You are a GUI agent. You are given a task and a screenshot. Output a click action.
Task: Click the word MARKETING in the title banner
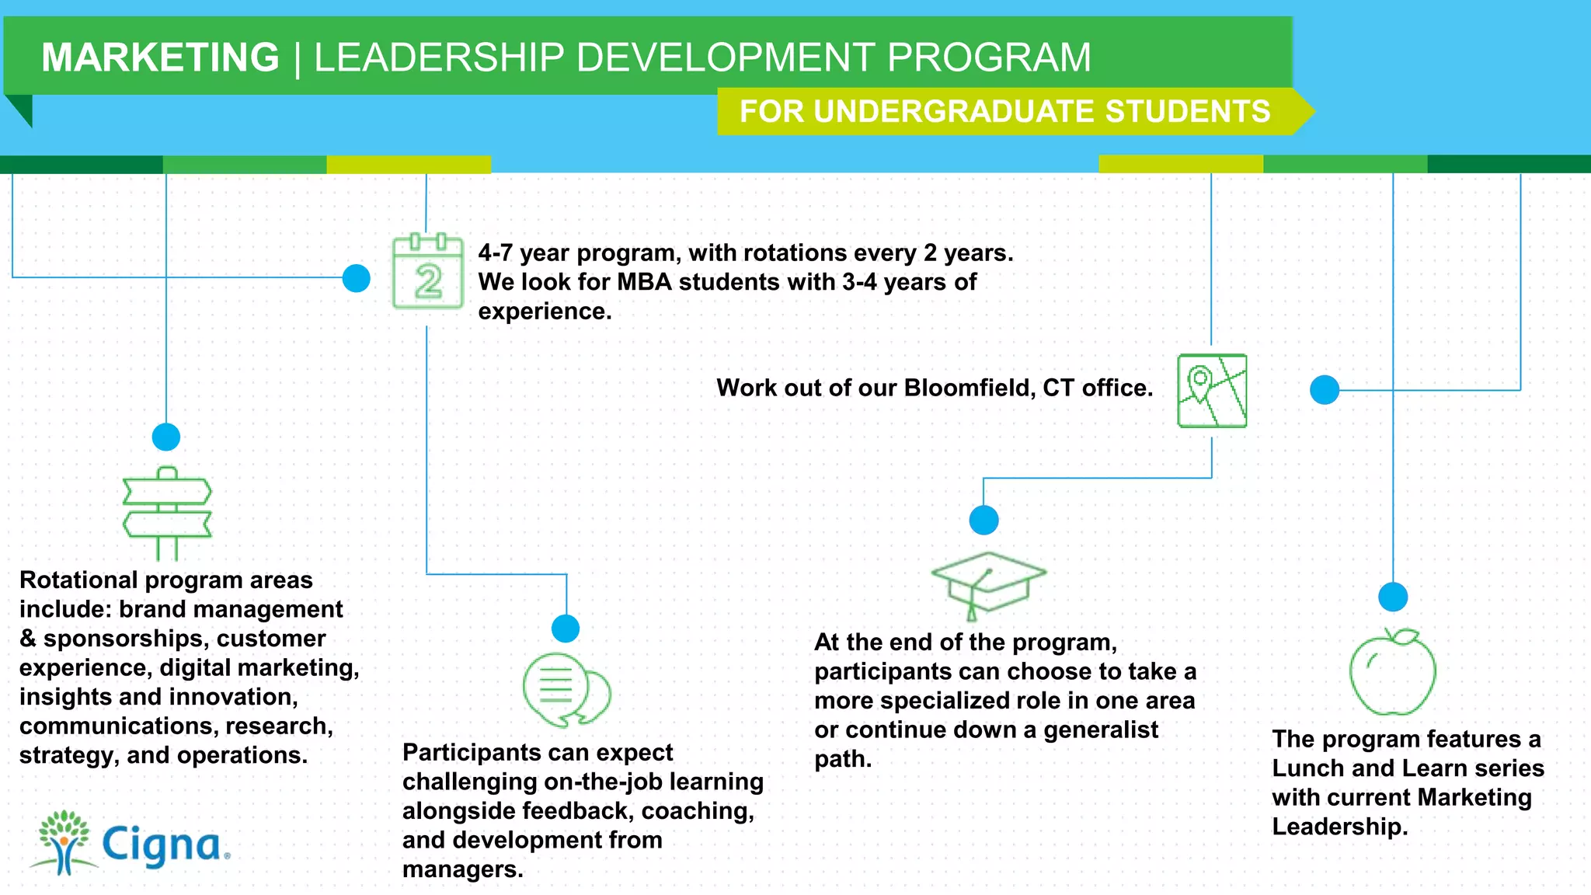tap(160, 57)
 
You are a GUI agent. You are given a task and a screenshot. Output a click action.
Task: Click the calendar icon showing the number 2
tap(428, 271)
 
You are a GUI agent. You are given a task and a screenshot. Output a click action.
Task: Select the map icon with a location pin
tap(1212, 391)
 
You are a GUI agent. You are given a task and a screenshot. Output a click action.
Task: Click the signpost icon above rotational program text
tap(167, 513)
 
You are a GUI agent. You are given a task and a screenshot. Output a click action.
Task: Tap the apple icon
tap(1392, 672)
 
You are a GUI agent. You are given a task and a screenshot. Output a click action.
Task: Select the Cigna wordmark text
tap(164, 845)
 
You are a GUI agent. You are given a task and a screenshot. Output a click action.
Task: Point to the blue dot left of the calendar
tap(357, 278)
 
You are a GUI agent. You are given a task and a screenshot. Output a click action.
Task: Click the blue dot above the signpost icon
tap(166, 437)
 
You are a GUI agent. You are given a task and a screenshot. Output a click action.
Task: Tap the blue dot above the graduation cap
tap(983, 520)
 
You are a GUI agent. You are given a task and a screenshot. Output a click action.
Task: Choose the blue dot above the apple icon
tap(1393, 597)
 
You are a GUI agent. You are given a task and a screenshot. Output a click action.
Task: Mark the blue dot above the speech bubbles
tap(566, 628)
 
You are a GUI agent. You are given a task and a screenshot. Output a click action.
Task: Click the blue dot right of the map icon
tap(1325, 389)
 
